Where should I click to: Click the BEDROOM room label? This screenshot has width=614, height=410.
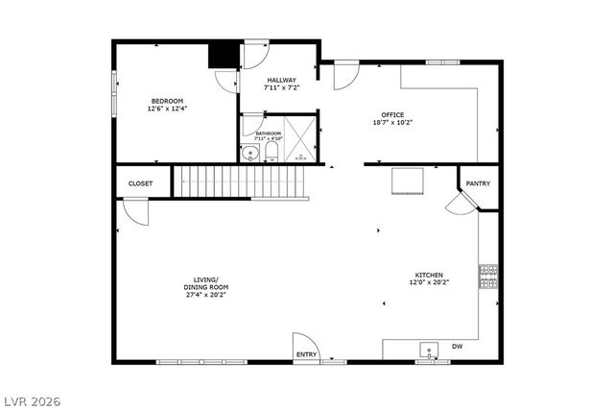pos(166,101)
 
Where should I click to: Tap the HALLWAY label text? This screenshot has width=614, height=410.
pos(281,81)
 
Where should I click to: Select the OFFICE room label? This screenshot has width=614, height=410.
pos(391,114)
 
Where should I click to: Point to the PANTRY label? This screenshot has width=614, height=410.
pos(478,183)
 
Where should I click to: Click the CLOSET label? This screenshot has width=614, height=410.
pos(141,183)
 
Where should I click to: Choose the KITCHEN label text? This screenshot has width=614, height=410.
pos(428,276)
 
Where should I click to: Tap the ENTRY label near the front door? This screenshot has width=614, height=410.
pos(306,354)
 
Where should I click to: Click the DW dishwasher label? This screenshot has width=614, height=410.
pos(458,347)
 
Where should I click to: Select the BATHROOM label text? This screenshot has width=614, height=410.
pos(268,133)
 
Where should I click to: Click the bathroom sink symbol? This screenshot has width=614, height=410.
pos(249,152)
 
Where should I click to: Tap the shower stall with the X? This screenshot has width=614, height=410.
pos(302,140)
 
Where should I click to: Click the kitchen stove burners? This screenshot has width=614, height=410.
pos(488,276)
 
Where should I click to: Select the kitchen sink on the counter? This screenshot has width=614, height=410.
pos(429,350)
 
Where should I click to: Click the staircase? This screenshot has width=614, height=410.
pos(240,180)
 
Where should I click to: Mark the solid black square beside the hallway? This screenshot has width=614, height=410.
pos(223,55)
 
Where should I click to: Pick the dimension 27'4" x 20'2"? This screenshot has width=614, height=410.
pos(206,295)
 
